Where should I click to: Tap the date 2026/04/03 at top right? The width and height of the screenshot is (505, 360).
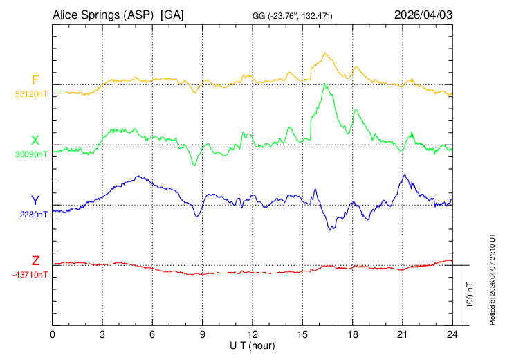tap(423, 15)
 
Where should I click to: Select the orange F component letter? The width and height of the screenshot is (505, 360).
tap(35, 80)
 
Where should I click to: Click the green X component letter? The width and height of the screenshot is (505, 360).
tap(35, 141)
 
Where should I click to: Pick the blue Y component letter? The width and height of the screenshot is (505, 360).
tap(35, 201)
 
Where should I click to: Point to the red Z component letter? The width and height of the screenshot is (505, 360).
tap(35, 261)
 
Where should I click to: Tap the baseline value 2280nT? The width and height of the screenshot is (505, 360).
tap(34, 215)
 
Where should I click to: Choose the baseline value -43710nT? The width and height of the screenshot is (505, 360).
tap(30, 275)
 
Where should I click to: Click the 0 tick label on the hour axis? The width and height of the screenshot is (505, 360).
tap(53, 334)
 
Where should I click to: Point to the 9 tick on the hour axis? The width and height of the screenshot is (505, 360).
tap(203, 334)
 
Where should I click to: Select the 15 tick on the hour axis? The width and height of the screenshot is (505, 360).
tap(302, 334)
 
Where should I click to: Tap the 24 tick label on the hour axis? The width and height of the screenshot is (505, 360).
tap(452, 334)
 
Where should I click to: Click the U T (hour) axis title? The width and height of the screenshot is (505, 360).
tap(253, 345)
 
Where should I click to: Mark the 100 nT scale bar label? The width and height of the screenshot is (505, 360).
tap(470, 295)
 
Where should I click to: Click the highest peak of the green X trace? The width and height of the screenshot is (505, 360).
tap(324, 84)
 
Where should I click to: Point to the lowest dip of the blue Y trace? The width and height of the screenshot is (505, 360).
tap(331, 228)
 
